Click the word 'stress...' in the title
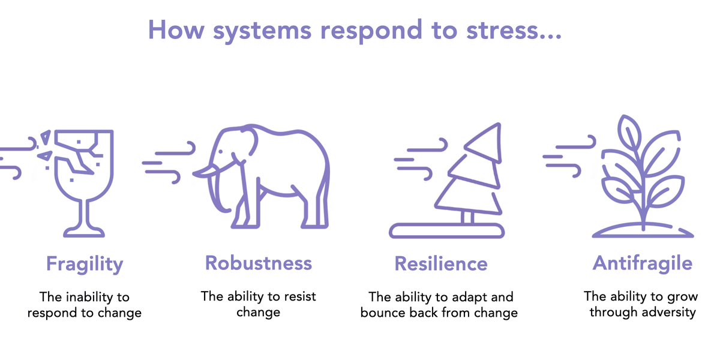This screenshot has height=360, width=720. pos(514,30)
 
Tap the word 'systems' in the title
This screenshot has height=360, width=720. pos(262,32)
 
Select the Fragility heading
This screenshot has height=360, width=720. pos(85,264)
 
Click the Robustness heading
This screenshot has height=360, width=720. pos(259,263)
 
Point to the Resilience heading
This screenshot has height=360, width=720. pos(440,263)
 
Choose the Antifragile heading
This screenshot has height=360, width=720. pos(642,263)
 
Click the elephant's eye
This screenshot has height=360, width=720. pos(221,152)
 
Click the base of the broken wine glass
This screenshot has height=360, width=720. pos(84,232)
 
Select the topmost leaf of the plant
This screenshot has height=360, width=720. pos(629,132)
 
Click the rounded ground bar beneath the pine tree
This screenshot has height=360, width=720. pos(447,231)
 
